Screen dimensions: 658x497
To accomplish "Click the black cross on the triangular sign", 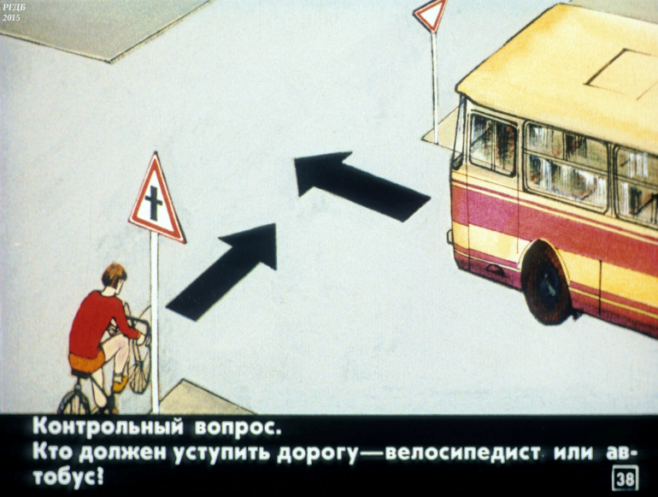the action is coord(154,204).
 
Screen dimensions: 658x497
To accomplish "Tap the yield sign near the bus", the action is coord(431,14).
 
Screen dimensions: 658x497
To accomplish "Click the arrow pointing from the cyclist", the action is coord(221,272).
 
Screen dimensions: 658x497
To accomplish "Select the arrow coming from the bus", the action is coord(362,186).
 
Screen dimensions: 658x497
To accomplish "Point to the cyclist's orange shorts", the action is coord(88,360).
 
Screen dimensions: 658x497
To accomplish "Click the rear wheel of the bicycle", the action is coord(74,402).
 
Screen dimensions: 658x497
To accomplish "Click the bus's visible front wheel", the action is coord(546,283).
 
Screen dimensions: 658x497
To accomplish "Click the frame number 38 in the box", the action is coord(626,478).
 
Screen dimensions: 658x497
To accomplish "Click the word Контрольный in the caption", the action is coord(109,427).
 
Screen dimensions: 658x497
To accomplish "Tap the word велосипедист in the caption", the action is coord(462,453).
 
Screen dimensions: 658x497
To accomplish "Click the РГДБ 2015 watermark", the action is coord(11,12).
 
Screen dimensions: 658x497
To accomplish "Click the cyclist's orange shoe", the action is coord(120,383).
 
